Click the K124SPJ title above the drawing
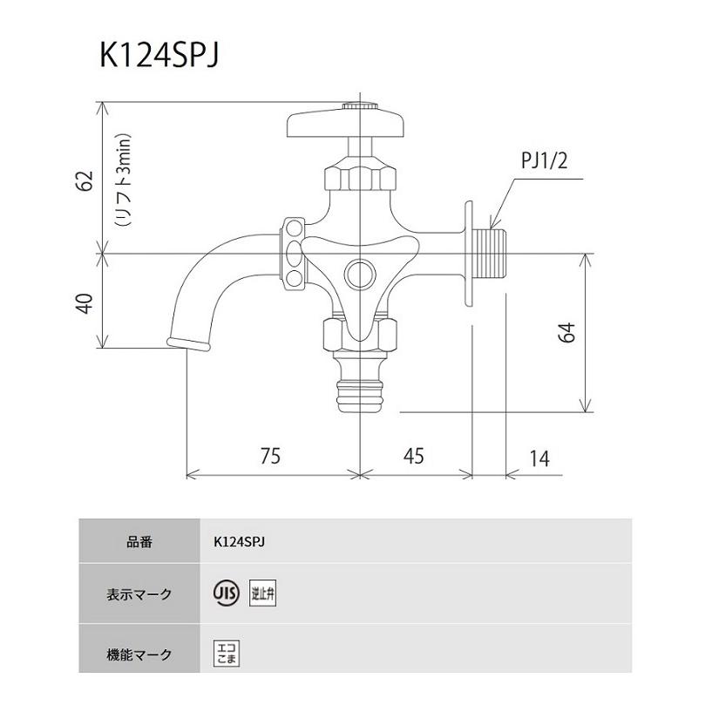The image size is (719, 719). tap(159, 55)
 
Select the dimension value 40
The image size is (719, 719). tap(84, 303)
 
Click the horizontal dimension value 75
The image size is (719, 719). tap(272, 457)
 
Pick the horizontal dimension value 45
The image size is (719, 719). tap(414, 457)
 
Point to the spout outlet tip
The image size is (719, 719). tap(187, 340)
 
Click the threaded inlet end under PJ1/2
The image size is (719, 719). tap(492, 252)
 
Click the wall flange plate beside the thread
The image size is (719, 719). tap(469, 253)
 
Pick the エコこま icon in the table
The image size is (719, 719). tap(226, 654)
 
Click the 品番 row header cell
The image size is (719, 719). tap(139, 541)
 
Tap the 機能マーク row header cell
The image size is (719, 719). tap(139, 654)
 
